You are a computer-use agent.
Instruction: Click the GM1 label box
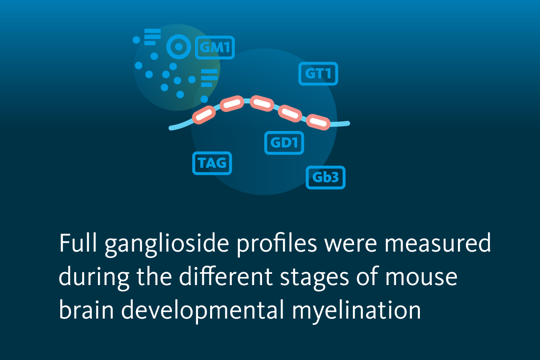[215, 47]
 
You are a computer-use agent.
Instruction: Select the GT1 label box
[318, 74]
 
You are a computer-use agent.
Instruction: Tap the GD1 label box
[284, 143]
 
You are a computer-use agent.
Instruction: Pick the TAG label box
[212, 163]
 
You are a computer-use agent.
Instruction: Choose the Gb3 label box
[326, 177]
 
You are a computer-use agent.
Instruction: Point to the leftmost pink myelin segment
[204, 115]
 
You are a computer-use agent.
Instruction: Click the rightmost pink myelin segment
[318, 122]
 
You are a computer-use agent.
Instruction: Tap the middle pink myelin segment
[262, 103]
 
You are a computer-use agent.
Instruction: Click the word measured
[437, 243]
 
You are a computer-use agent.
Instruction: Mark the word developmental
[203, 311]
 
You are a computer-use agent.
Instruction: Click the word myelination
[357, 311]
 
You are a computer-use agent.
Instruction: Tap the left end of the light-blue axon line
[171, 128]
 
